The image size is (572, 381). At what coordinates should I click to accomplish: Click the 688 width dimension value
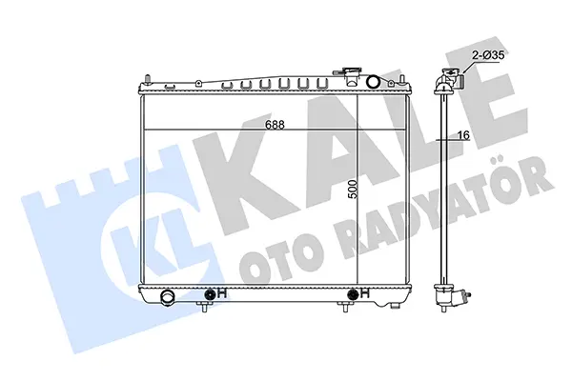point(275,125)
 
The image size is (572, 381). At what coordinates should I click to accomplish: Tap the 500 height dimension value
point(353,189)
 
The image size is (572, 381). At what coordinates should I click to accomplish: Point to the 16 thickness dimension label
point(463,135)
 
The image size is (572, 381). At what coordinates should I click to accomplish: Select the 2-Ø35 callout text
point(488,55)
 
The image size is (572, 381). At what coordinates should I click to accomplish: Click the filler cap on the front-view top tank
point(350,74)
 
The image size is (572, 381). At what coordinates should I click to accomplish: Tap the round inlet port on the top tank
point(373,82)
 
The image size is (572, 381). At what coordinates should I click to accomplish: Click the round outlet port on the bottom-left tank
point(169,295)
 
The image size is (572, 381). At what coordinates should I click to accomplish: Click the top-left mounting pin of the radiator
point(148,79)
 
